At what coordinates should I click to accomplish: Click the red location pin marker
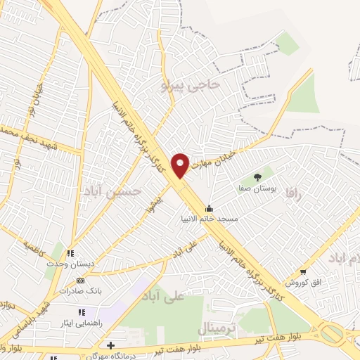pyautogui.click(x=181, y=164)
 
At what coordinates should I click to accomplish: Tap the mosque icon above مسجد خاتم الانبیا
pyautogui.click(x=209, y=208)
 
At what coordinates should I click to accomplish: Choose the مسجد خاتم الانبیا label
pyautogui.click(x=209, y=219)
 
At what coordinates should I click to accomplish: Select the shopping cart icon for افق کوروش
pyautogui.click(x=303, y=271)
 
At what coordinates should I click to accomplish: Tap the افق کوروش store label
pyautogui.click(x=303, y=283)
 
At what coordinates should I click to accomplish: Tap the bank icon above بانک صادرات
pyautogui.click(x=79, y=281)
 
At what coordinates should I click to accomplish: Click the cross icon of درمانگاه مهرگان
pyautogui.click(x=110, y=345)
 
